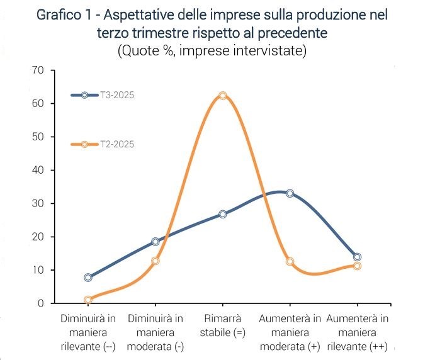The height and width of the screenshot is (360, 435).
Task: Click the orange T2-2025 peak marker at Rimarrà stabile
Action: (x=222, y=96)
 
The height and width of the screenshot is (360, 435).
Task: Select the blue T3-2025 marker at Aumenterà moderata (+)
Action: (x=290, y=193)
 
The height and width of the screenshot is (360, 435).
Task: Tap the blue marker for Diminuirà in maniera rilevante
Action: (x=88, y=278)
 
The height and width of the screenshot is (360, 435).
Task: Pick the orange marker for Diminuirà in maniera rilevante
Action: (x=88, y=300)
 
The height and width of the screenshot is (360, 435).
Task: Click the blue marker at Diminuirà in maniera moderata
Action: (x=155, y=242)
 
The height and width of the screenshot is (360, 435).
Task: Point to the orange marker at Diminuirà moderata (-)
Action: (x=155, y=261)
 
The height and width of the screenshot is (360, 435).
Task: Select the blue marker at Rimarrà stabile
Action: (x=222, y=214)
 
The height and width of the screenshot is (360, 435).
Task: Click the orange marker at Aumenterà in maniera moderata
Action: (x=290, y=261)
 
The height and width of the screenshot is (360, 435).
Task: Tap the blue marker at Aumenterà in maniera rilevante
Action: (x=357, y=257)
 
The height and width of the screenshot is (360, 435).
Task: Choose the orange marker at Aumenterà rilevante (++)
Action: (x=357, y=266)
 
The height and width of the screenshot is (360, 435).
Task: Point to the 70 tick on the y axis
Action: (x=38, y=70)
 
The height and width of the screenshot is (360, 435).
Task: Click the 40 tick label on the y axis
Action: (x=38, y=170)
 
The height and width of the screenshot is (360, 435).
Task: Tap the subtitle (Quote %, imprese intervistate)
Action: (x=212, y=50)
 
